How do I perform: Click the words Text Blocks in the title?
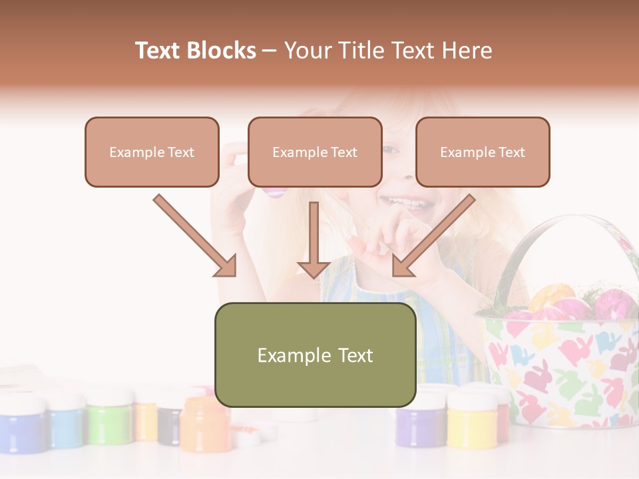(195, 51)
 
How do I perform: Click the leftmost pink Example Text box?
(152, 152)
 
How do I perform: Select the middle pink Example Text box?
(315, 152)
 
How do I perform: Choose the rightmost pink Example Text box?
(483, 152)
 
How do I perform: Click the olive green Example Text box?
(315, 355)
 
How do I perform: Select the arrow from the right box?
(433, 236)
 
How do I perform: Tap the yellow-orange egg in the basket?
(551, 296)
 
